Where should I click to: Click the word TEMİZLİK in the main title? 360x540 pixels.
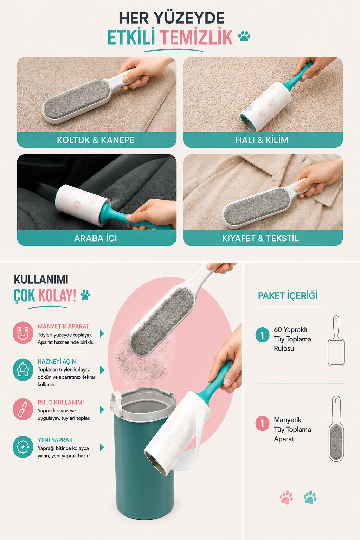tap(196, 37)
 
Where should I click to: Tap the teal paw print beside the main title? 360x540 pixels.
tap(244, 37)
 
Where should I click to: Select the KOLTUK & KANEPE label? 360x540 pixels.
tap(96, 140)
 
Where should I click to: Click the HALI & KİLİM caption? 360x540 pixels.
tap(262, 140)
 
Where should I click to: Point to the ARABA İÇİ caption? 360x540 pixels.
tap(96, 238)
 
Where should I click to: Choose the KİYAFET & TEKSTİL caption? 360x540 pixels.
tap(261, 238)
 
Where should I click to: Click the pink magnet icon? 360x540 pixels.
tap(23, 333)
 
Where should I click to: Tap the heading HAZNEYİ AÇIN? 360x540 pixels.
tap(57, 361)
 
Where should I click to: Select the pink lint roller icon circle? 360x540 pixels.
tap(23, 409)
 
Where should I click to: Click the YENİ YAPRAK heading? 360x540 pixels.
tap(55, 440)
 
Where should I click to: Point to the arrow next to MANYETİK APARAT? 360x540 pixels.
tap(102, 333)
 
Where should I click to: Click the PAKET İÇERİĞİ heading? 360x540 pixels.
tap(288, 296)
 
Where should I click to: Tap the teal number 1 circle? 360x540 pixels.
tap(262, 335)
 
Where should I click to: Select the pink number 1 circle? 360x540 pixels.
tap(262, 423)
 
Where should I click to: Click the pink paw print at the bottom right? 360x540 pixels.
tap(287, 497)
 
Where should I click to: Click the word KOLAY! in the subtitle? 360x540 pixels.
tap(57, 295)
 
